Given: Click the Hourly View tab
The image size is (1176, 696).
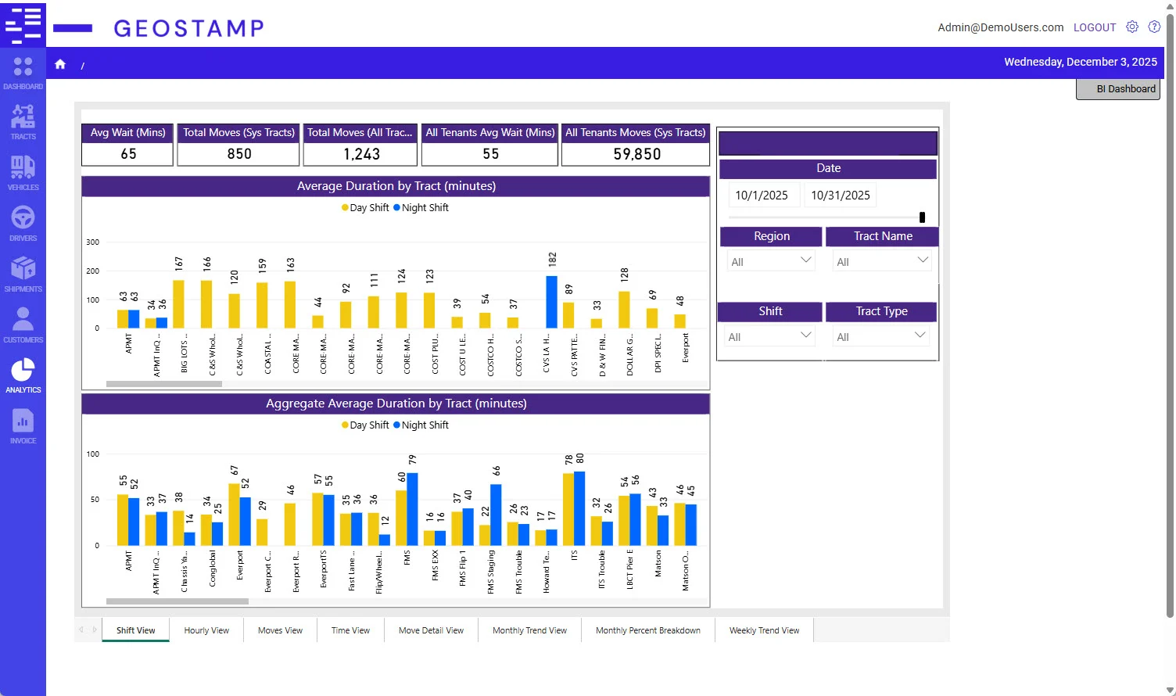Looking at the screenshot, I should pos(206,630).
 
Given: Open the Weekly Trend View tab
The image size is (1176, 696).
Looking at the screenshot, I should pos(764,630).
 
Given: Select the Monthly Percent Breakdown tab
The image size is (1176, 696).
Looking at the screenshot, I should pos(647,630).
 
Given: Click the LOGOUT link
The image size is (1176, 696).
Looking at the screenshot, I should pos(1094,27).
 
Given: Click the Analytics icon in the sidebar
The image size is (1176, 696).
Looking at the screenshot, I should pos(23,370).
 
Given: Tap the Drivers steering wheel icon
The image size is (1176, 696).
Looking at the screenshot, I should pos(23,217).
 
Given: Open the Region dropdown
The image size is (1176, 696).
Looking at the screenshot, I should pos(770,261).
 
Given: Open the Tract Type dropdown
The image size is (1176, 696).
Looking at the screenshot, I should pos(880,336).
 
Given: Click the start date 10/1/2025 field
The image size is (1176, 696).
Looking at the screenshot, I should pos(762,196).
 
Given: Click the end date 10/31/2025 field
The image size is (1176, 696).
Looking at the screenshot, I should pos(840,196).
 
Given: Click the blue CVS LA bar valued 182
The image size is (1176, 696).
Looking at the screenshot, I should pos(551,302).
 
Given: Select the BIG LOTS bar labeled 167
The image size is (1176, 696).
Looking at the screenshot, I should pos(178,304).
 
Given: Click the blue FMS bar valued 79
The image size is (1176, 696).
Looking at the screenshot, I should pos(412,509).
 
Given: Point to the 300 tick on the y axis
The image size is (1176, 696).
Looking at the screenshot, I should pos(93,242).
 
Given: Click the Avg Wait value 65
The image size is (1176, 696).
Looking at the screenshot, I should pos(128,154).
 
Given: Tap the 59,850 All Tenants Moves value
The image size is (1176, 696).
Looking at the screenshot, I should pos(636,154).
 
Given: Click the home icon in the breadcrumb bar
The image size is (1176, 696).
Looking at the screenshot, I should pos(60,64).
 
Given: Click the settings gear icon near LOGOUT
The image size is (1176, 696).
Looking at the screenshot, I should pos(1131,27).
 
